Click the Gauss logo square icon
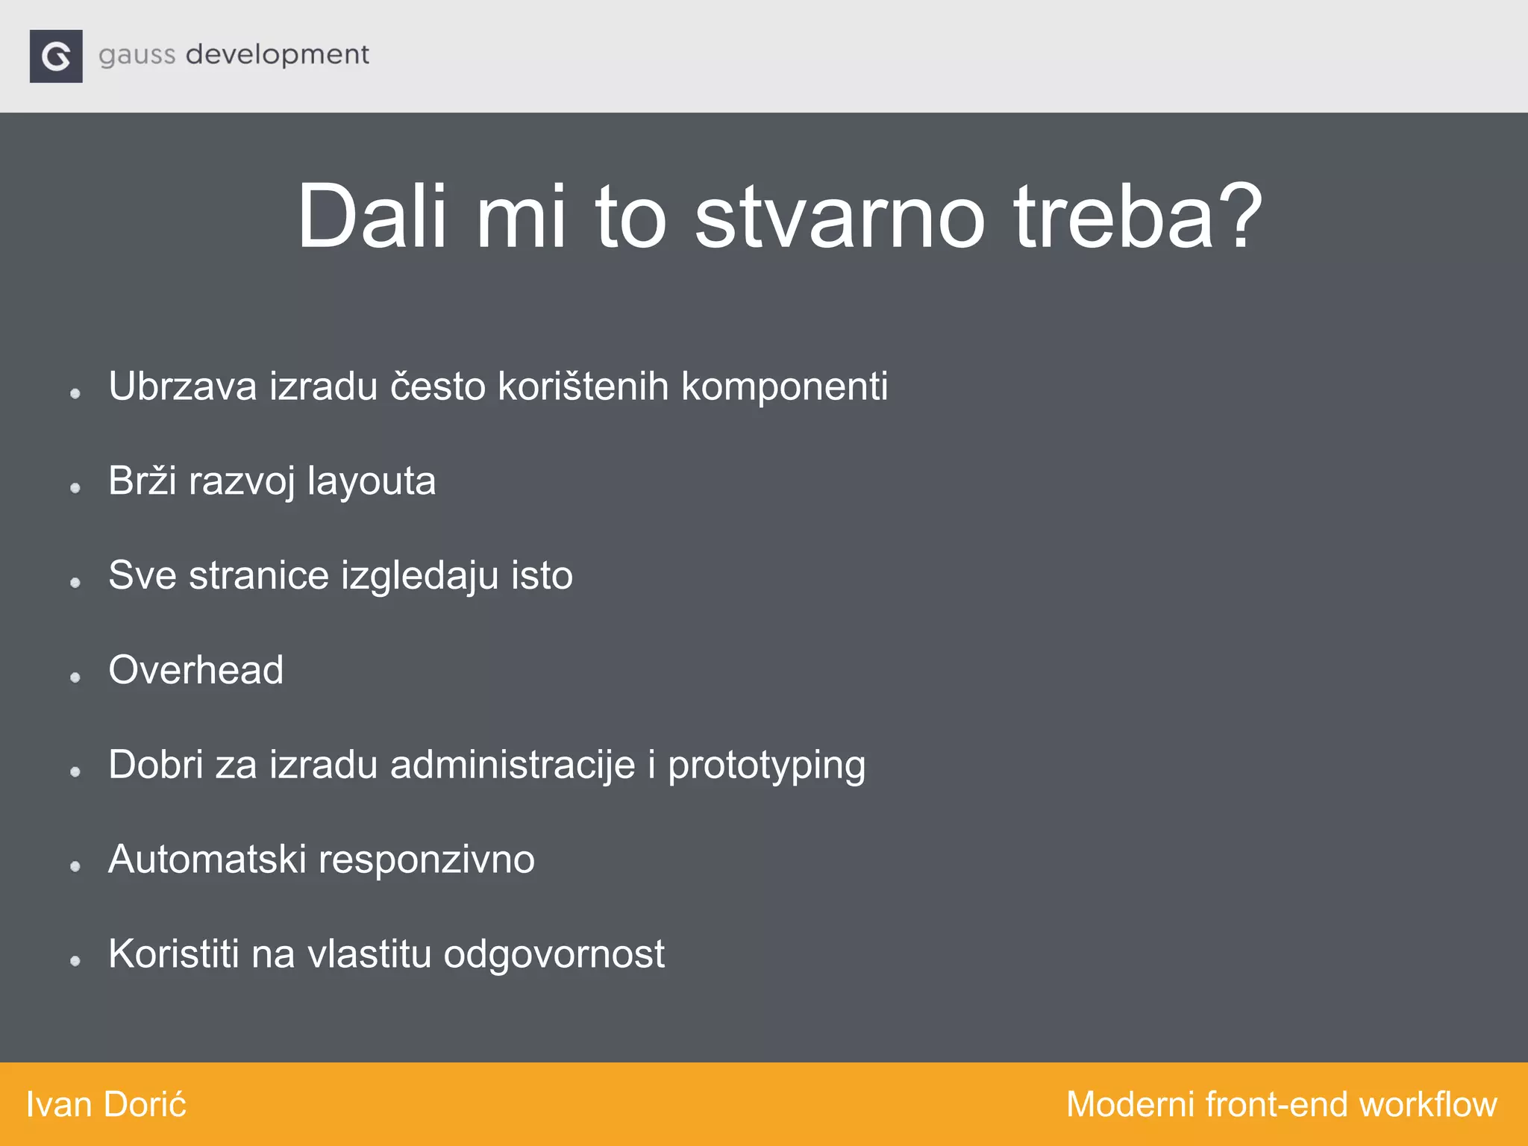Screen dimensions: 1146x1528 click(56, 56)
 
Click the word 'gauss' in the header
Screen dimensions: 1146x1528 click(137, 55)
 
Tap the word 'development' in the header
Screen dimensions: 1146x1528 click(277, 55)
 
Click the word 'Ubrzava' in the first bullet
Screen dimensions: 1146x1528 click(182, 386)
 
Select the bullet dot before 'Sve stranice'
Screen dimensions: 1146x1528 click(75, 582)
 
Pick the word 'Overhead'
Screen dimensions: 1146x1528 click(196, 670)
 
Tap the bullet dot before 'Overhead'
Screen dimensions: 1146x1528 click(75, 677)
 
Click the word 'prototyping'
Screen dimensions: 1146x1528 click(766, 766)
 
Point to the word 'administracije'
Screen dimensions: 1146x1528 click(513, 765)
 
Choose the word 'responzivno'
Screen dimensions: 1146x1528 click(427, 860)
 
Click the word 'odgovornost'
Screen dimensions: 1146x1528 click(554, 955)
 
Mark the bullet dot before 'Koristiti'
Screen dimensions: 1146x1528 click(75, 961)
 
